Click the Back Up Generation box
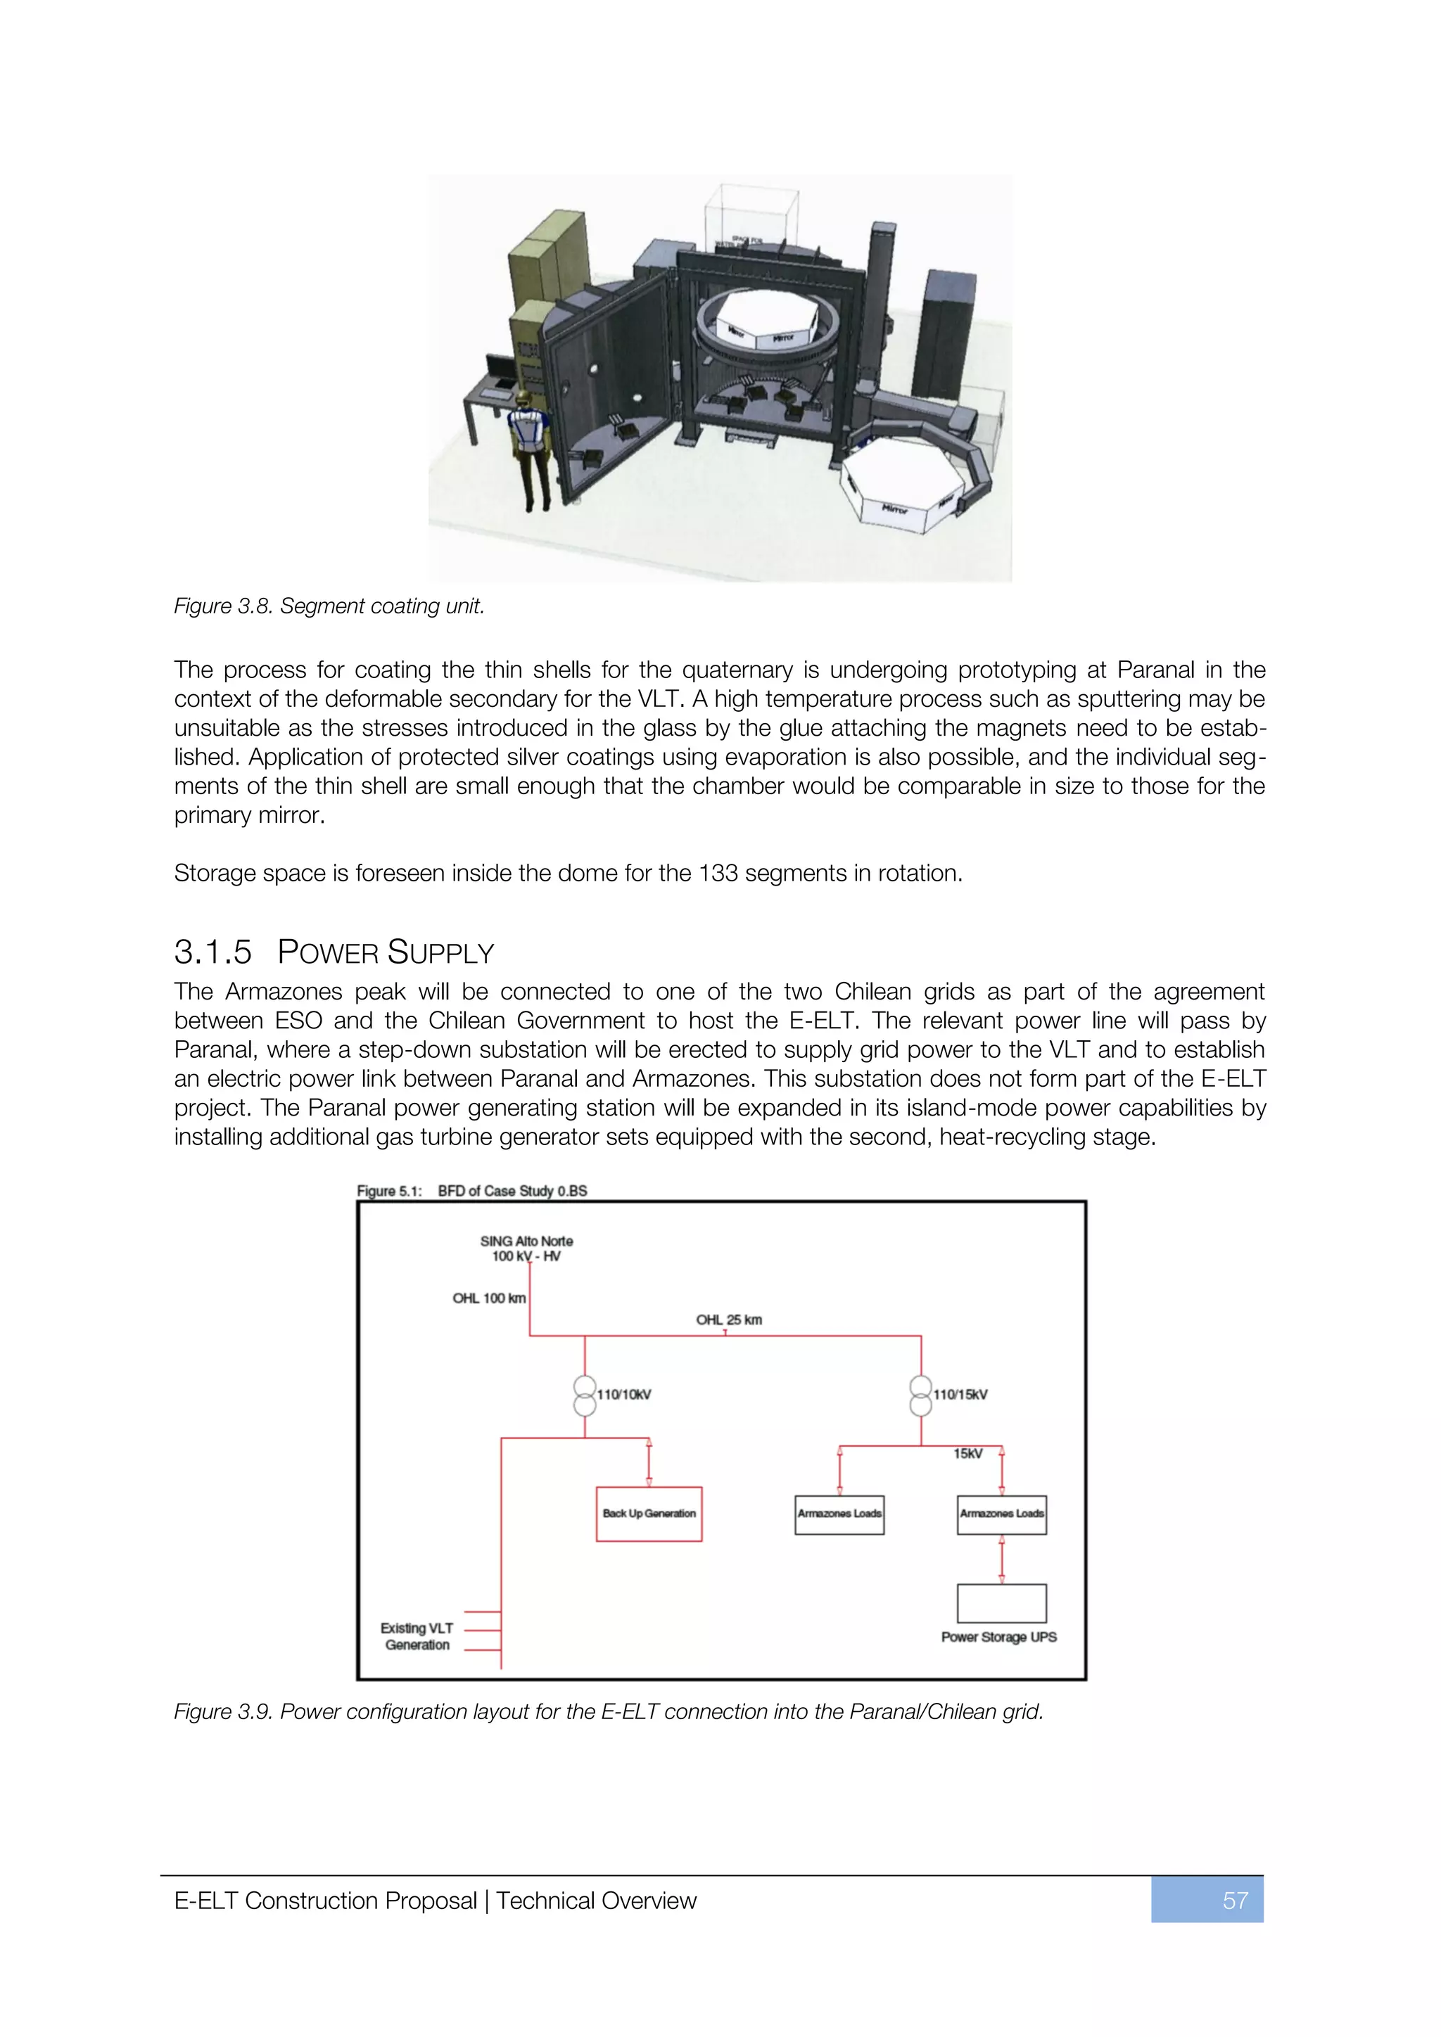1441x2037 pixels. pyautogui.click(x=649, y=1514)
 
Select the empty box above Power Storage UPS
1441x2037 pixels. pyautogui.click(x=1001, y=1603)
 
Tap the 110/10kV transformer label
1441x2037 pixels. pyautogui.click(x=624, y=1395)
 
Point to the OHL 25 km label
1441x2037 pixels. pyautogui.click(x=728, y=1320)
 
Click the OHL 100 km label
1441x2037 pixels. pyautogui.click(x=489, y=1298)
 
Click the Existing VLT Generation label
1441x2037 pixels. pyautogui.click(x=417, y=1636)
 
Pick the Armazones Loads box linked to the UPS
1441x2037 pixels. pyautogui.click(x=1001, y=1514)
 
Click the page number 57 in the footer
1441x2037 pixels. pyautogui.click(x=1234, y=1901)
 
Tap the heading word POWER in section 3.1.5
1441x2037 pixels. pyautogui.click(x=327, y=953)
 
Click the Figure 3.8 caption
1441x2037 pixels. pyautogui.click(x=329, y=606)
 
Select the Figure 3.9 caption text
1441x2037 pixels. pyautogui.click(x=608, y=1711)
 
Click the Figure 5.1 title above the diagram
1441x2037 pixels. pyautogui.click(x=471, y=1191)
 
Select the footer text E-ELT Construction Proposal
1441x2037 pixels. pyautogui.click(x=325, y=1901)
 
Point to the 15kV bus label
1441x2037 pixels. pyautogui.click(x=967, y=1453)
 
